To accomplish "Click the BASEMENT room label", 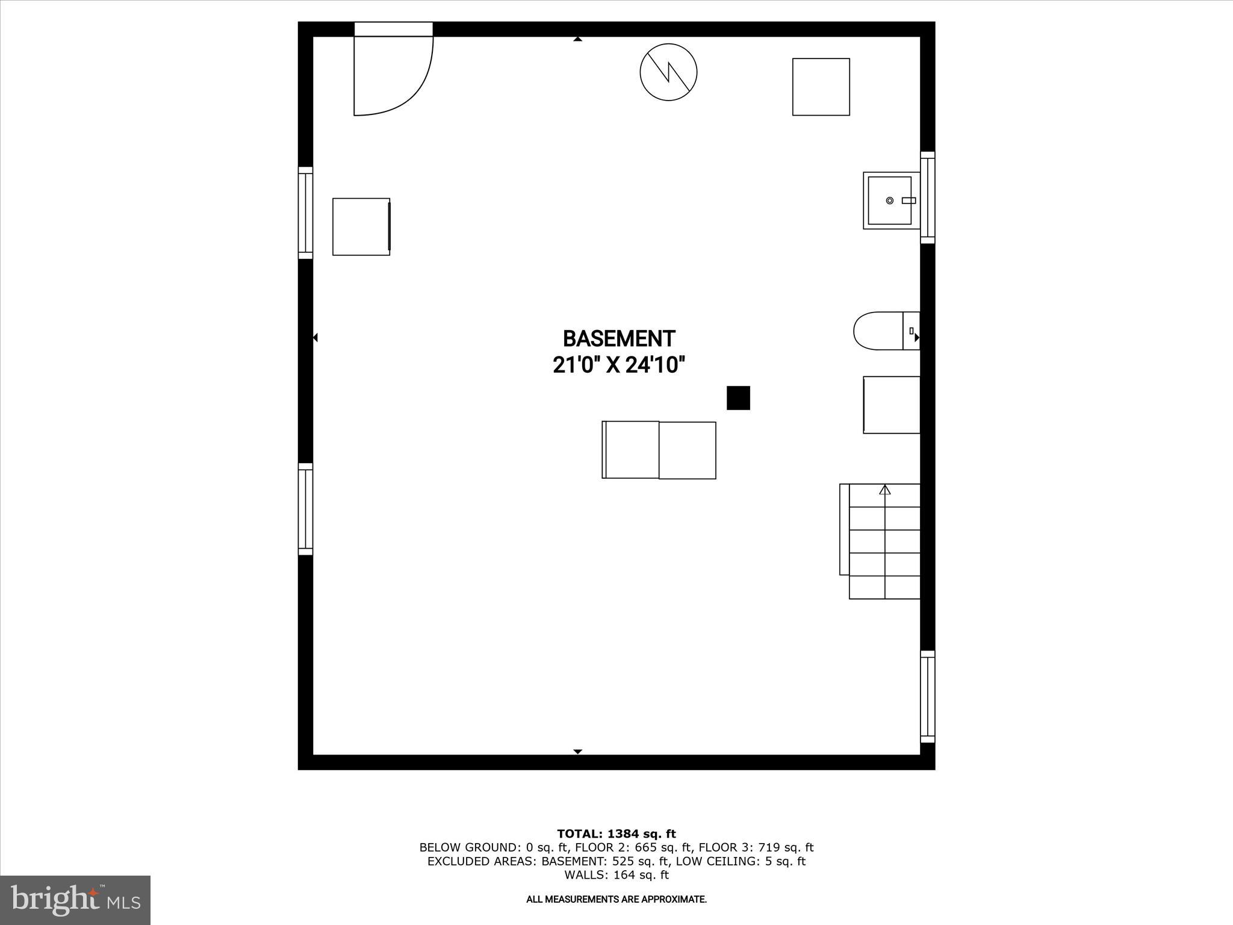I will coord(619,338).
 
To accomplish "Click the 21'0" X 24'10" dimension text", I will coord(619,365).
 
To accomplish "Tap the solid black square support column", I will coord(738,398).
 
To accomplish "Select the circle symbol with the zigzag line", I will coord(668,72).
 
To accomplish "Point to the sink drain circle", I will coord(890,201).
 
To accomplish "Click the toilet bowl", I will coord(878,331).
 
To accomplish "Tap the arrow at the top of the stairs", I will coord(884,490).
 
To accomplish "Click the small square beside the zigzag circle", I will coord(821,87).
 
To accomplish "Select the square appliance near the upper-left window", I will coord(361,226).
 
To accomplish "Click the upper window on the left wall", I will coord(306,213).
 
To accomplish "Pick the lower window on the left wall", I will coord(306,509).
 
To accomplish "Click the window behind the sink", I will coord(928,198).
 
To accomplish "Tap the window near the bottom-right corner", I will coord(928,697).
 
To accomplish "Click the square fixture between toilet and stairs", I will coord(892,405).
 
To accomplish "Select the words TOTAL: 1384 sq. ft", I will coord(616,833).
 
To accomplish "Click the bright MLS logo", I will coord(75,900).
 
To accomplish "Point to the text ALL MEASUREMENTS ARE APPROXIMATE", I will coord(616,899).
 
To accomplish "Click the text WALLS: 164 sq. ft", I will coord(616,874).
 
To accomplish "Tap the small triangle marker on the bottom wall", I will coord(578,752).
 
